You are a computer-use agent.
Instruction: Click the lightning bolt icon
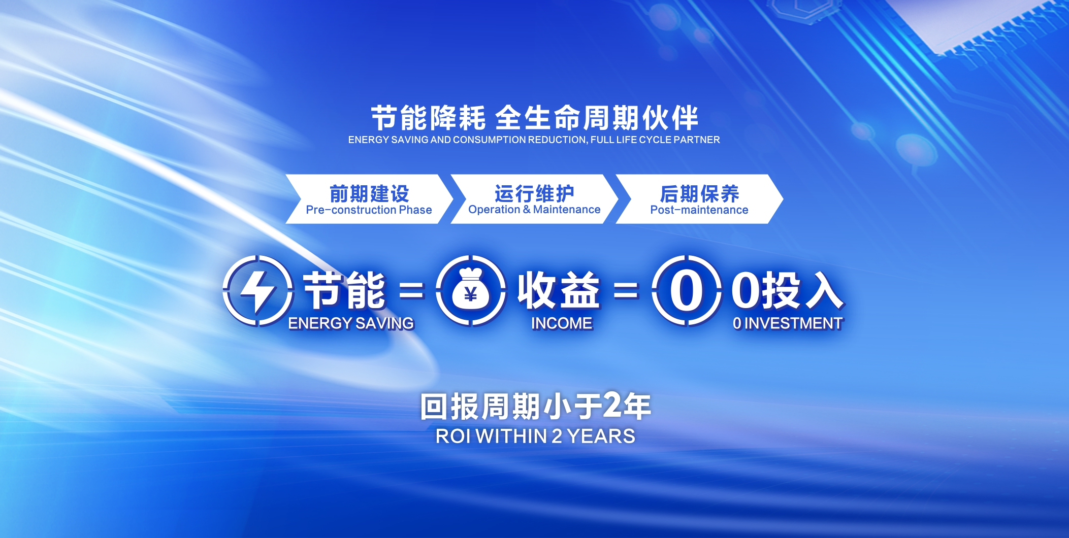click(x=258, y=291)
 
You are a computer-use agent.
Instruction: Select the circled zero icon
click(x=687, y=291)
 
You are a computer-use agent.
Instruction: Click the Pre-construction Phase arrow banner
click(x=369, y=199)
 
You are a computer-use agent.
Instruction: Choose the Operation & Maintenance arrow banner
click(x=534, y=199)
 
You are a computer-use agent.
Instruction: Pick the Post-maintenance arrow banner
click(x=699, y=199)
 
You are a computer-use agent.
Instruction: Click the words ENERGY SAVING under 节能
click(x=351, y=323)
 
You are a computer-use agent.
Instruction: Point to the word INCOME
click(x=562, y=323)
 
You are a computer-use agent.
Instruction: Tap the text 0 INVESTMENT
click(x=788, y=323)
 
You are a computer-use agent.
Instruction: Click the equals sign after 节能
click(x=411, y=291)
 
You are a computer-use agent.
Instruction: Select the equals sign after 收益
click(x=626, y=291)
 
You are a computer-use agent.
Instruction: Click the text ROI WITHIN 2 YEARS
click(x=535, y=436)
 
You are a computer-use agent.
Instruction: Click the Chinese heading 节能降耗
click(x=428, y=118)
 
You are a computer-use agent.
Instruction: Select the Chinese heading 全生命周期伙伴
click(x=597, y=118)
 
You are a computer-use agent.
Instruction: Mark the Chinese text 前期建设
click(x=369, y=193)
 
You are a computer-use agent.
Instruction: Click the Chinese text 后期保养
click(x=699, y=193)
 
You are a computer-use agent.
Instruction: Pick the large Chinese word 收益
click(x=559, y=290)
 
